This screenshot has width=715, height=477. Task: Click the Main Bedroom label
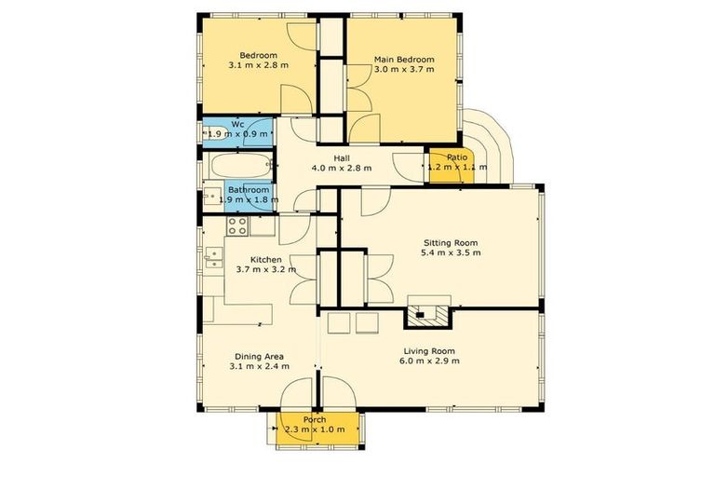pos(403,60)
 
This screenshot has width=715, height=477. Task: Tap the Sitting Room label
pos(451,240)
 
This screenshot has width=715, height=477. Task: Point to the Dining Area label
pos(259,356)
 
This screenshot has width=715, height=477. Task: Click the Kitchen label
pos(265,259)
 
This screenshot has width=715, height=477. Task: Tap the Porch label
pos(315,418)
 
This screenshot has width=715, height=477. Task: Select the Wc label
pos(237,123)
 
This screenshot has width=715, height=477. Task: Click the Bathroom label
pos(249,190)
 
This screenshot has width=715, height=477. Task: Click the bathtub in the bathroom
pos(238,168)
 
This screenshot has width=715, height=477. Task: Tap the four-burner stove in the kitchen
pos(237,225)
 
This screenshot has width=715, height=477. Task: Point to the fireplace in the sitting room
pos(427,313)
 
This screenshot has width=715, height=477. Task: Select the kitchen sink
pos(213,257)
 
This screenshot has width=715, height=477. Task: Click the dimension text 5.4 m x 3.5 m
pos(451,252)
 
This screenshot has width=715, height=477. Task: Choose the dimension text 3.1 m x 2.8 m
pos(259,66)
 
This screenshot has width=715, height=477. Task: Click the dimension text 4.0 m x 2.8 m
pos(341,169)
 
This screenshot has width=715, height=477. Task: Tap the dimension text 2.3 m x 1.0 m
pos(314,429)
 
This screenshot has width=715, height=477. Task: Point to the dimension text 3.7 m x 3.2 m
pos(265,270)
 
